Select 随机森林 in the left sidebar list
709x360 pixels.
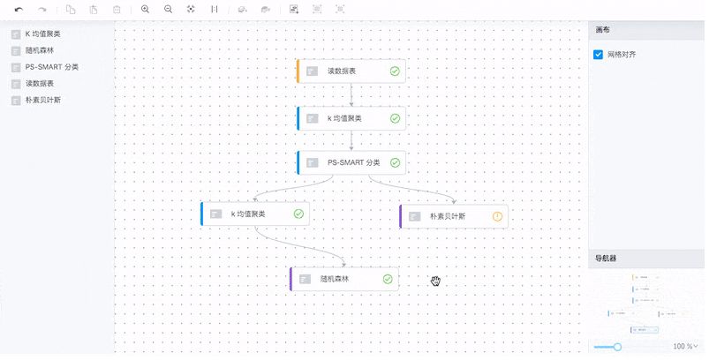tap(41, 50)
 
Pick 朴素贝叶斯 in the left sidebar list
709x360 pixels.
tap(42, 100)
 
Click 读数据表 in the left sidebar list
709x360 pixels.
tap(39, 84)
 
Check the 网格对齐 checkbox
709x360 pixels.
tap(599, 55)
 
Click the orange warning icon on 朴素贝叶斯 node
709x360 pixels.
tap(498, 216)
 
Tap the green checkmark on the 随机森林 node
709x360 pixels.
tap(388, 280)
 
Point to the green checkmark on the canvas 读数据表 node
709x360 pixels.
tap(395, 71)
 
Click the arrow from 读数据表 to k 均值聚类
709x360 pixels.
tap(351, 95)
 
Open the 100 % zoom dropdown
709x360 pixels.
tap(685, 346)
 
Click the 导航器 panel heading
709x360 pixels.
tap(606, 259)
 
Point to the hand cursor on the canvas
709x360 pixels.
tap(435, 281)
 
